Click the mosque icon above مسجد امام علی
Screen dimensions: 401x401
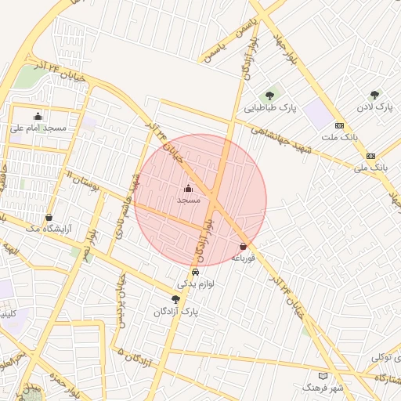click(38, 116)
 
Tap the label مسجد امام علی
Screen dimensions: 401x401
click(38, 127)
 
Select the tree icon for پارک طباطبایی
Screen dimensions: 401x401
click(270, 96)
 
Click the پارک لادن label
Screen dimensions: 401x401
click(374, 106)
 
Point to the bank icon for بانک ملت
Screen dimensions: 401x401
click(339, 125)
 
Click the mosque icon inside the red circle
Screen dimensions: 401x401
click(188, 189)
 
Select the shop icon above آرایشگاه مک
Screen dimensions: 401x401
click(49, 218)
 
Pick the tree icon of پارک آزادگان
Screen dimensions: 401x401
click(175, 299)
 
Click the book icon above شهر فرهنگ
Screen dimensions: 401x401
click(323, 377)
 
